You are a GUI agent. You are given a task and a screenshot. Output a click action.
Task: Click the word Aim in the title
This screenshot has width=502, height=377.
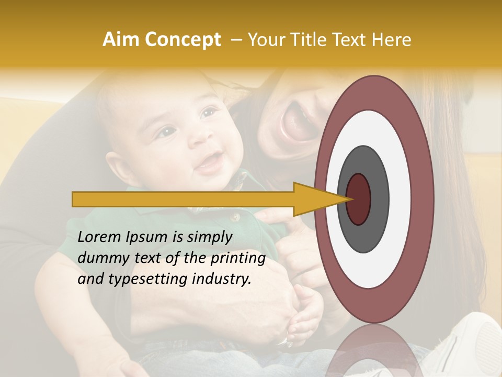(121, 40)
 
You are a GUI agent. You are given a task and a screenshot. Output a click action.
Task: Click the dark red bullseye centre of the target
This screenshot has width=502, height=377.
(359, 199)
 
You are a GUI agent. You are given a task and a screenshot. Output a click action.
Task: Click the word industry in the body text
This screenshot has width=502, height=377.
(221, 279)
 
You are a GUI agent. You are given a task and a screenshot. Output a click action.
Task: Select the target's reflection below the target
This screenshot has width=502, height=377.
(374, 351)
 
